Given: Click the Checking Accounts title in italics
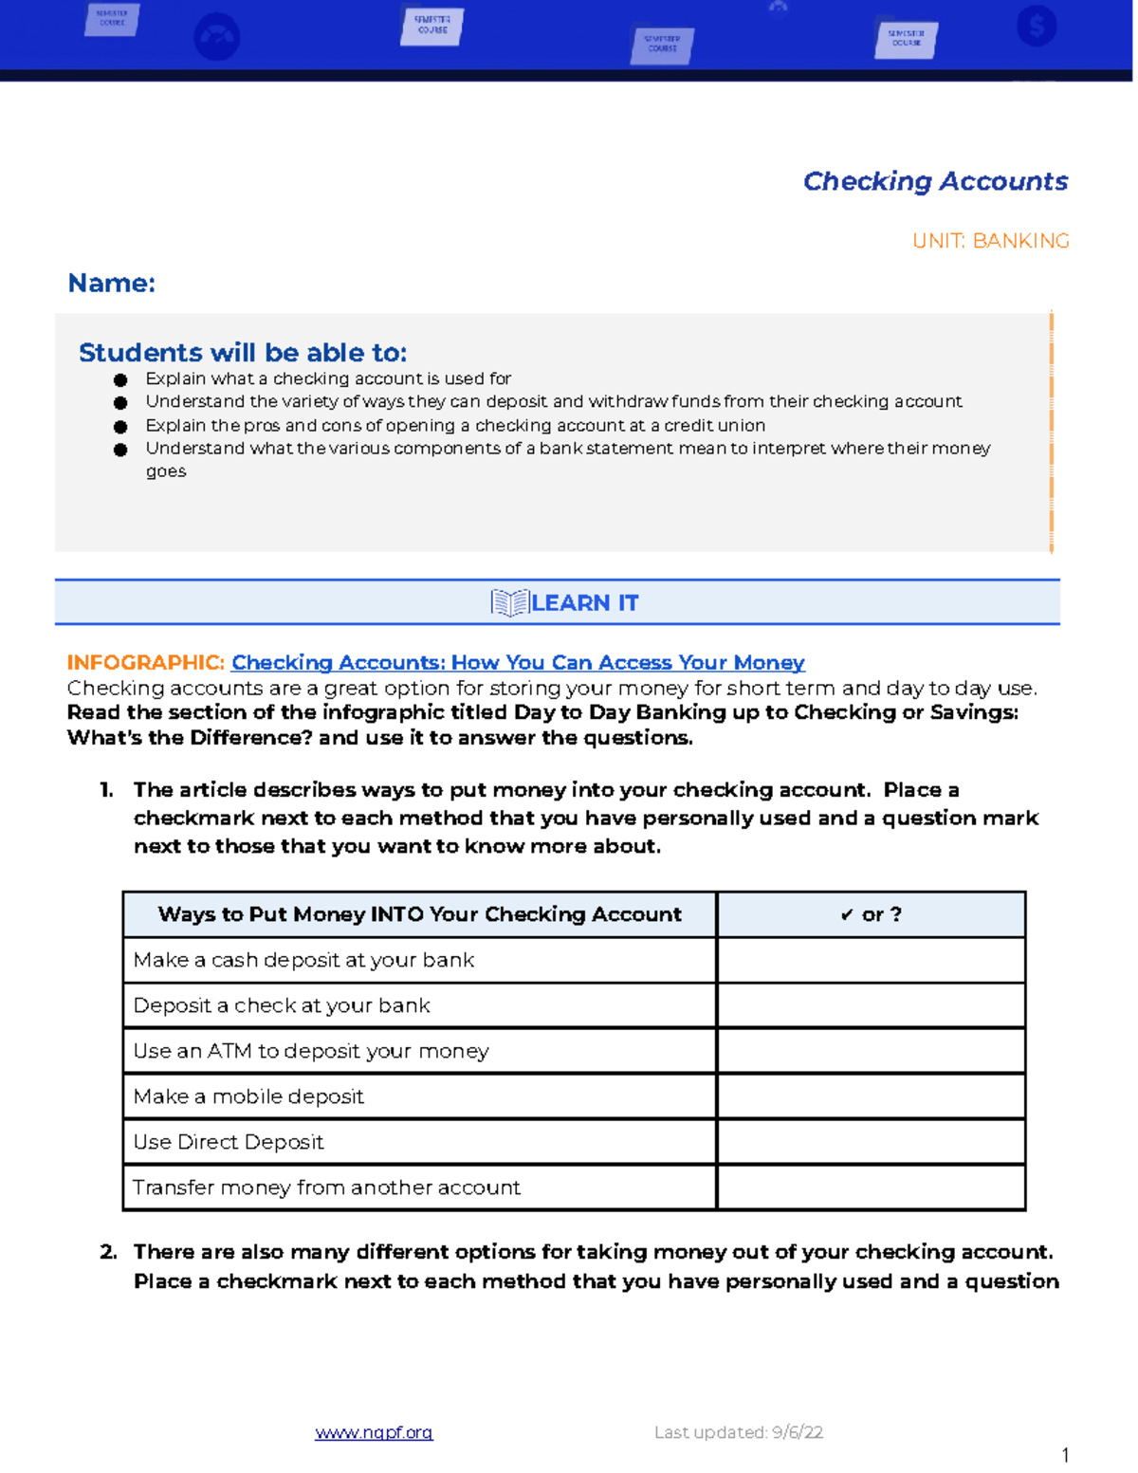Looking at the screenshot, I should coord(935,181).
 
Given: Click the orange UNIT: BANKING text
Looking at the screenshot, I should coord(990,241).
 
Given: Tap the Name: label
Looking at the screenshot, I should coord(112,283).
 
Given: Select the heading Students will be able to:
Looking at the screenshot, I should coord(243,353).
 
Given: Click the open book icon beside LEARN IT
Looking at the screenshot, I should coord(509,603).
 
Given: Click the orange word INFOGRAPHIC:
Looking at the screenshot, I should coord(145,662).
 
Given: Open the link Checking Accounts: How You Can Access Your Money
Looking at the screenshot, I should coord(518,662).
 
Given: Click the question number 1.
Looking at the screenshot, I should coord(106,790).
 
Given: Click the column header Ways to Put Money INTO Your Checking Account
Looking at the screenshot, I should coord(419,914).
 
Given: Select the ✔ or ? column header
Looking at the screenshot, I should coord(871,914).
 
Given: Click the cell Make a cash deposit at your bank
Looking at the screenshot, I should coord(303,960).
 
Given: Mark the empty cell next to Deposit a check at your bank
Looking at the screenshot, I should coord(871,1005).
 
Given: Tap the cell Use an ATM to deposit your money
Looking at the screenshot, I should coord(311,1051).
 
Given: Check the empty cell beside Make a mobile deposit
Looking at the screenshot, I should coord(871,1096).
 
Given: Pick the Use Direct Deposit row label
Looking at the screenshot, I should coord(229,1142).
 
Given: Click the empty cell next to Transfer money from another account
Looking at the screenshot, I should coord(871,1188).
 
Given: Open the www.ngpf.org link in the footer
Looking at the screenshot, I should coord(374,1432).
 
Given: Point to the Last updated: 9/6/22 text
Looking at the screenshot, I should coord(738,1432).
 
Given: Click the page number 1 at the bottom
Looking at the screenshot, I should coord(1065,1455).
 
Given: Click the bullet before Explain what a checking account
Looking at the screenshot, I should coord(120,379).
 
